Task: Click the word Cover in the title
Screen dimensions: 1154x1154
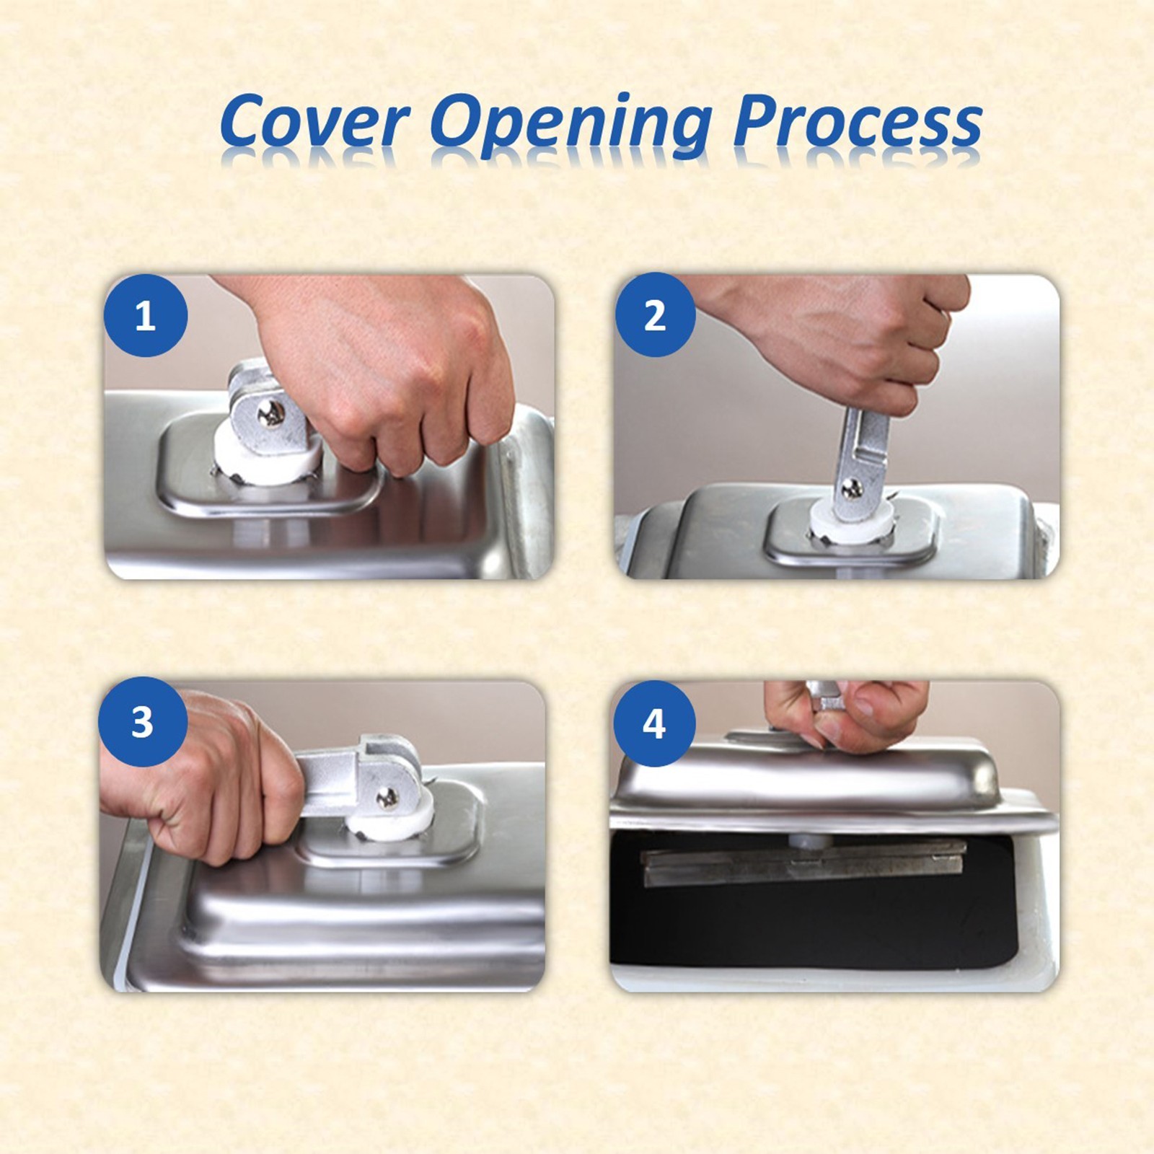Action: [315, 120]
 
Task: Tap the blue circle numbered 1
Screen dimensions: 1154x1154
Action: [146, 315]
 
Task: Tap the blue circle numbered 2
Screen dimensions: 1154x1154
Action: [655, 315]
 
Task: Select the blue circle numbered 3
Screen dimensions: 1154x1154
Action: [142, 721]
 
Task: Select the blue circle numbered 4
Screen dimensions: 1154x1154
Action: [654, 723]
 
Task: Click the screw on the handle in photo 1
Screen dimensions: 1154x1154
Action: [273, 413]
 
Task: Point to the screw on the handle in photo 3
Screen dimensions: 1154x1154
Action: [387, 797]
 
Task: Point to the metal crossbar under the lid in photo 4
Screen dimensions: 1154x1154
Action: [801, 862]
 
